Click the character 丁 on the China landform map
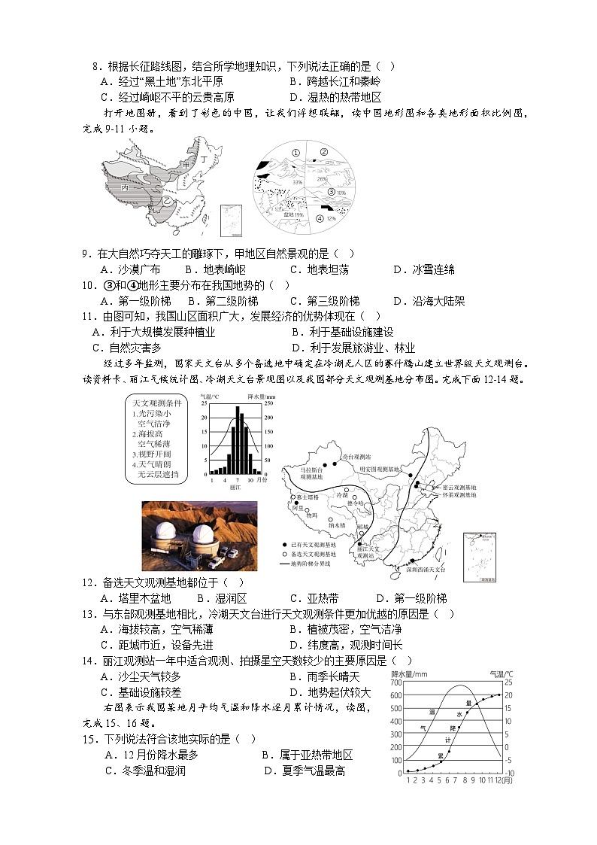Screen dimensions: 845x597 pyautogui.click(x=203, y=160)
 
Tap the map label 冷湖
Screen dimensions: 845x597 pyautogui.click(x=341, y=494)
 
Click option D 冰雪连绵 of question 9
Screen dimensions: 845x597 pyautogui.click(x=426, y=269)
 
